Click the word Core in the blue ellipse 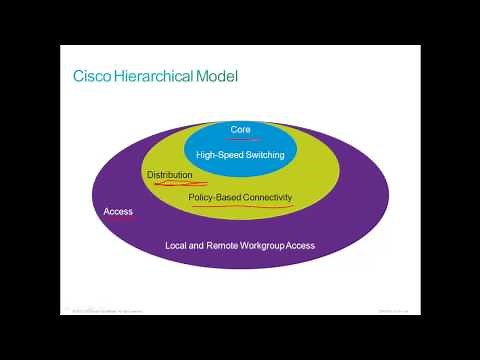(240, 130)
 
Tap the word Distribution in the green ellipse (169, 175)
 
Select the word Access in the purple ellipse (118, 212)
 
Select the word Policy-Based (213, 198)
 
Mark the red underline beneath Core (241, 140)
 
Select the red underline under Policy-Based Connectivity (240, 208)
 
